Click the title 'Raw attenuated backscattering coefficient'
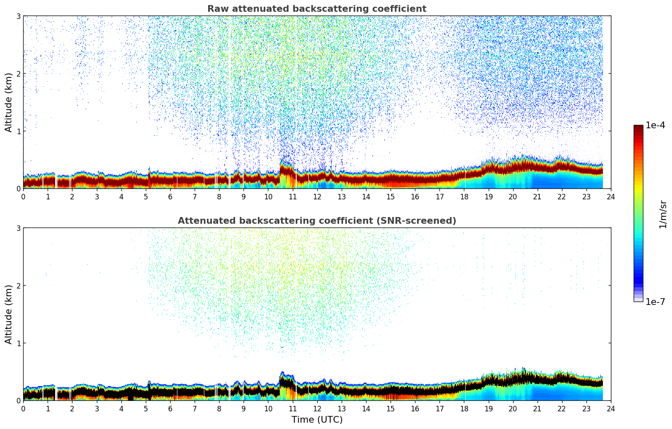click(316, 9)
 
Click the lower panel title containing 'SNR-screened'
click(316, 221)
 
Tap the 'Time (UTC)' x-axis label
click(317, 420)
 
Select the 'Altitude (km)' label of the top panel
click(9, 102)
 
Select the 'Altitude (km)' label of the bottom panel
click(9, 314)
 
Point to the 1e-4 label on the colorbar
click(655, 125)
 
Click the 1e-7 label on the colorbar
click(655, 302)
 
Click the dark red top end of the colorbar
click(638, 127)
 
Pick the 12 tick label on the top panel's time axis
click(317, 196)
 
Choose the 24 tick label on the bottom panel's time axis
click(611, 408)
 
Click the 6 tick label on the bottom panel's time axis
click(170, 408)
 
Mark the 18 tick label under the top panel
click(464, 196)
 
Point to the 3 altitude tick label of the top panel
click(18, 16)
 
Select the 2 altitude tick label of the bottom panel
click(18, 286)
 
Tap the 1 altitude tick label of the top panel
click(18, 131)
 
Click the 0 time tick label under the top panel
click(23, 196)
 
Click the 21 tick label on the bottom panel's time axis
click(537, 408)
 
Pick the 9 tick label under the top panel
click(244, 196)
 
